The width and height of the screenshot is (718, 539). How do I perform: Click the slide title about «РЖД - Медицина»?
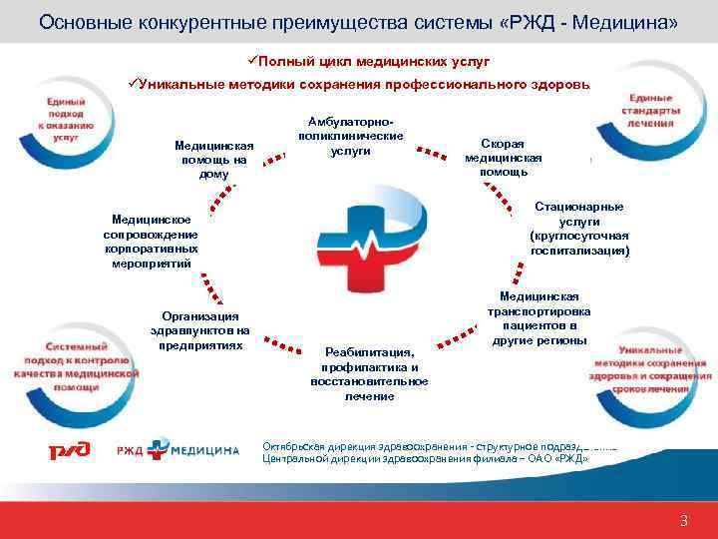[x=358, y=21]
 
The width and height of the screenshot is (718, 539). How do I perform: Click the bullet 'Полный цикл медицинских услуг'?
[x=374, y=63]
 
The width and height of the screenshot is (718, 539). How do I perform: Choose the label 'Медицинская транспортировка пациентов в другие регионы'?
[x=538, y=318]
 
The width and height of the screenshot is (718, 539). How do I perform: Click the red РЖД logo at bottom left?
[x=70, y=450]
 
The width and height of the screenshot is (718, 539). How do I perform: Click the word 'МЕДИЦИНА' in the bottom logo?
[x=203, y=450]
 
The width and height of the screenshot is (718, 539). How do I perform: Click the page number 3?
[x=683, y=520]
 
